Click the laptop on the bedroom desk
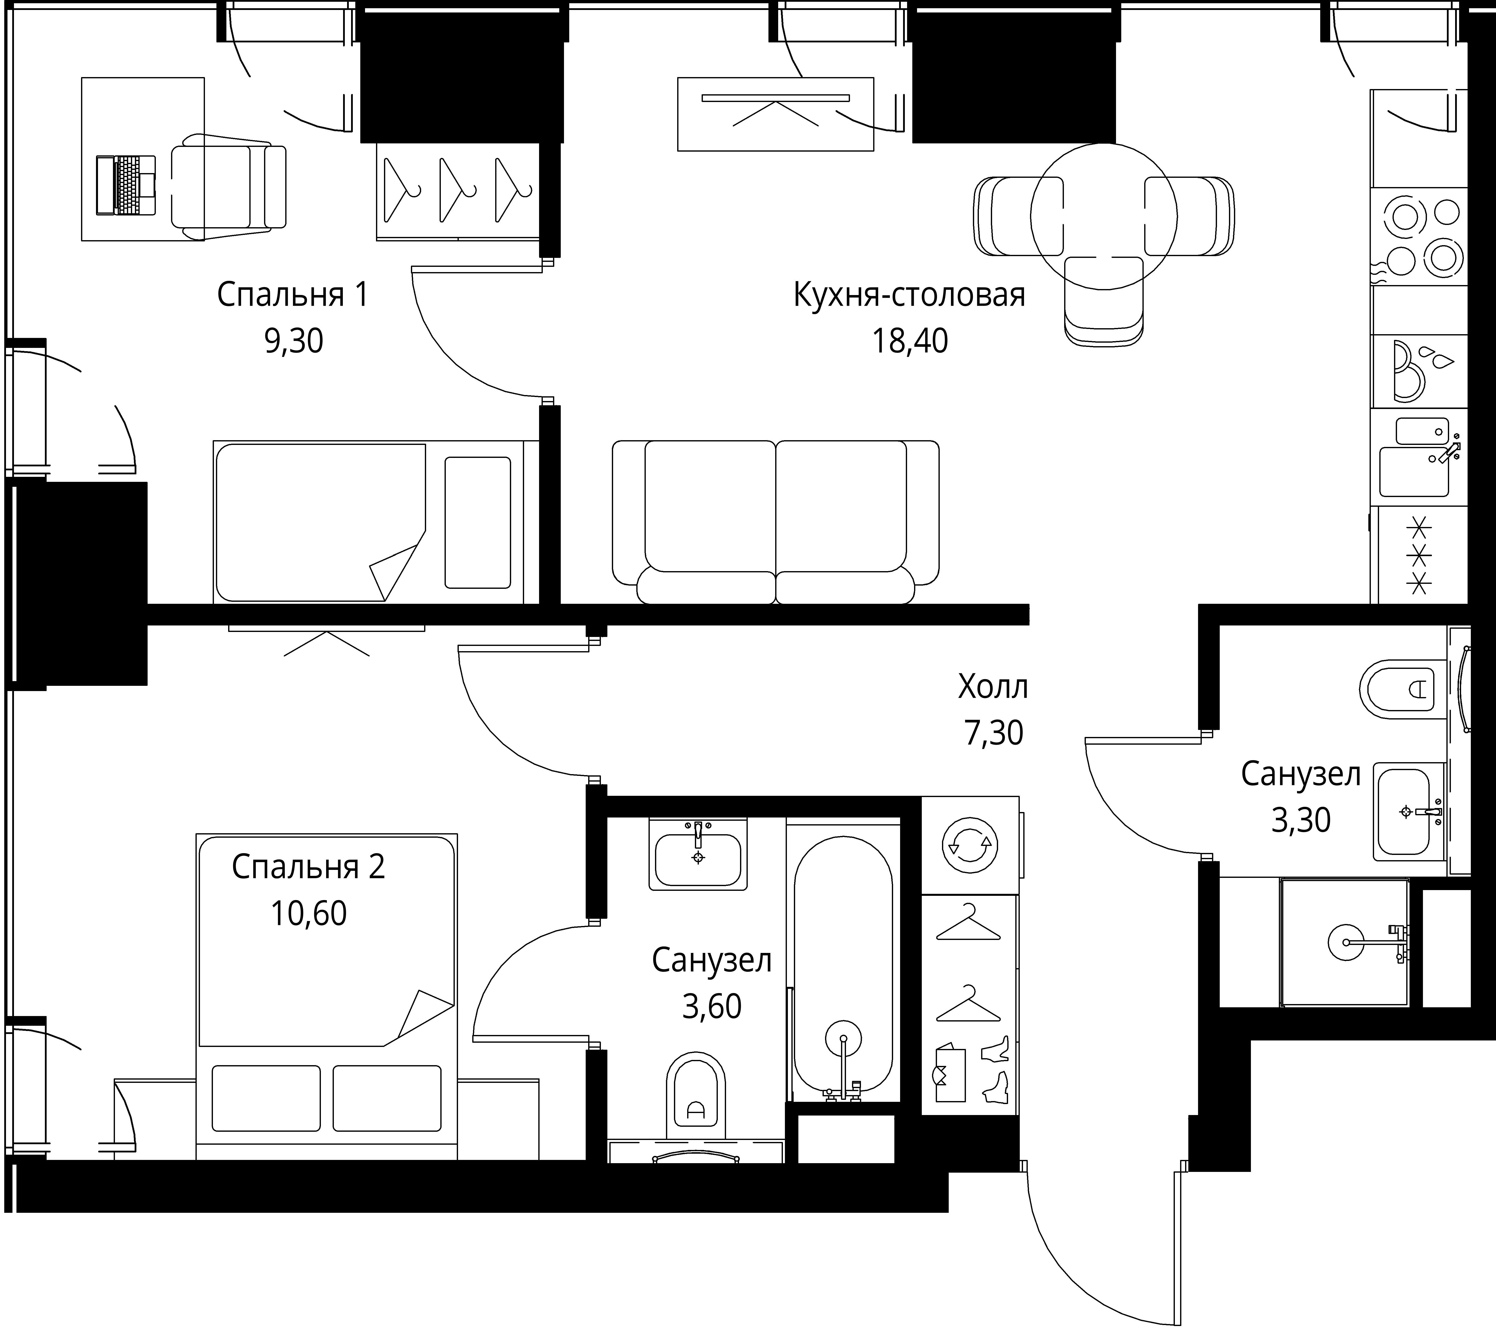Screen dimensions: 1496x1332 pyautogui.click(x=126, y=185)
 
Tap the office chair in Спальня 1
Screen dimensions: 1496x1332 pyautogui.click(x=228, y=187)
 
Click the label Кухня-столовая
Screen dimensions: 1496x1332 pyautogui.click(x=909, y=295)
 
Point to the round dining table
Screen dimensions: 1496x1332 pyautogui.click(x=1104, y=216)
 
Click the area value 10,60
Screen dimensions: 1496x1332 pyautogui.click(x=309, y=913)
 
